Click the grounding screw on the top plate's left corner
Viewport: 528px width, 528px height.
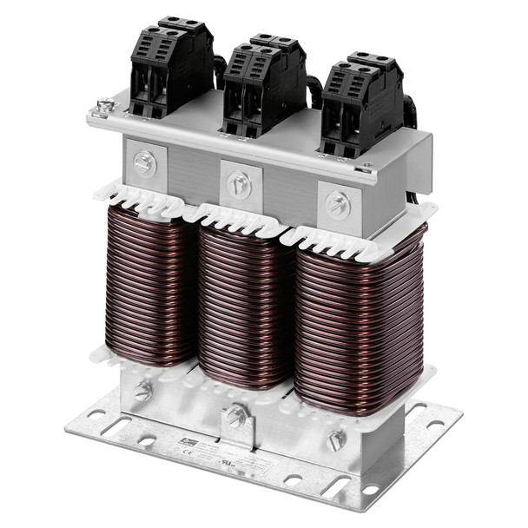point(105,107)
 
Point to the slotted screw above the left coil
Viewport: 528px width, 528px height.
point(144,162)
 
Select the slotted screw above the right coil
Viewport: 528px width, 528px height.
point(337,205)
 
